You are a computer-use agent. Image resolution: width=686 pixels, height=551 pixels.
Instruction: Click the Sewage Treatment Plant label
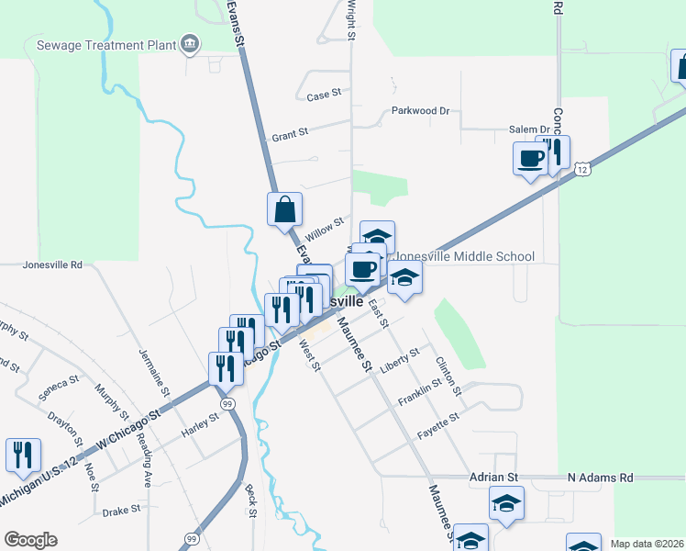(105, 44)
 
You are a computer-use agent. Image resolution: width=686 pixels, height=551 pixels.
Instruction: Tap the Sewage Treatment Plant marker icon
(190, 43)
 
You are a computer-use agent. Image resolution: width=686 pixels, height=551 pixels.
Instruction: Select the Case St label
(324, 96)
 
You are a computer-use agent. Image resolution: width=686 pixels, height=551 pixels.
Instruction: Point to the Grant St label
(289, 136)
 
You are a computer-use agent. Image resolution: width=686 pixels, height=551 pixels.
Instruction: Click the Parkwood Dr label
(420, 111)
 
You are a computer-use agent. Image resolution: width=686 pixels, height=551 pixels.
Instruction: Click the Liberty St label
(402, 354)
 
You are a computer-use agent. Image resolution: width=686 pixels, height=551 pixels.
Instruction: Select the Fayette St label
(438, 422)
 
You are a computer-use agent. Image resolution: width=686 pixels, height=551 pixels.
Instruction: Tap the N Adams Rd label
(600, 478)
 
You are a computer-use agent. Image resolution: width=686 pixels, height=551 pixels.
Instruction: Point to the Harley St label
(200, 419)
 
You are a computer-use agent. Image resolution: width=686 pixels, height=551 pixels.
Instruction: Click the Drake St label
(119, 512)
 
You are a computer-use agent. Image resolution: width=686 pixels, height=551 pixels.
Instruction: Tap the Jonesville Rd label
(52, 264)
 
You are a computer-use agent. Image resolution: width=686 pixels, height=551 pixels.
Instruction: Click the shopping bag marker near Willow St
(284, 208)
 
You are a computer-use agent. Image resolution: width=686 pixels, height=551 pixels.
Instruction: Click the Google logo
(30, 540)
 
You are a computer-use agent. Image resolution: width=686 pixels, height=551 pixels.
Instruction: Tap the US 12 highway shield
(582, 169)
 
